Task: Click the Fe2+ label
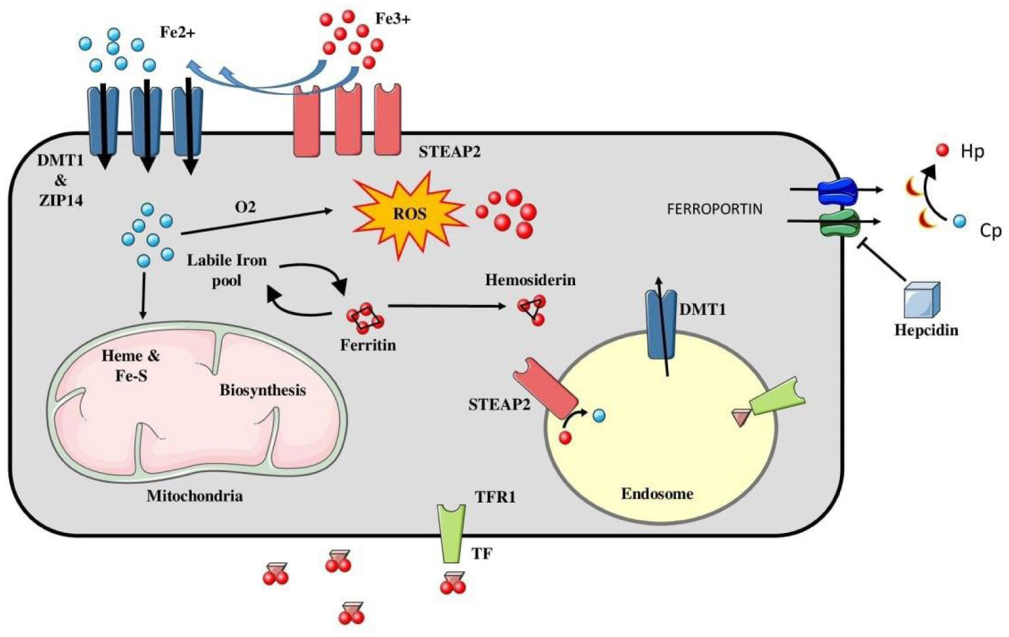tap(177, 32)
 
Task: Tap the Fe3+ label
tap(393, 18)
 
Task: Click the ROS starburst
tap(410, 214)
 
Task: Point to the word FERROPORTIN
tap(714, 209)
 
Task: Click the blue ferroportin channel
tap(837, 190)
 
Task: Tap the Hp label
tap(972, 151)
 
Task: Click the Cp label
tap(990, 231)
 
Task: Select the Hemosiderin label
tap(530, 280)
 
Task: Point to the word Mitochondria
tap(195, 496)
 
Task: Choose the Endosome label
tap(657, 493)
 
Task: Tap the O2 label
tap(245, 207)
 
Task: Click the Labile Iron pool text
tap(226, 270)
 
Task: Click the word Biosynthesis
tap(262, 390)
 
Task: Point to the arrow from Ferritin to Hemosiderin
tap(447, 305)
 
